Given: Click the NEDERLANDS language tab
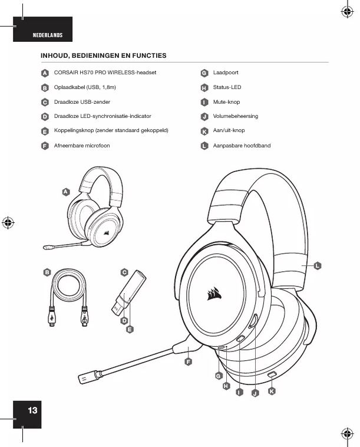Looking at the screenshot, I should point(47,35).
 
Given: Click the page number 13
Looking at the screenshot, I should point(32,410).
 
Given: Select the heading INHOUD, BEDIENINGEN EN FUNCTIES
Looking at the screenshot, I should point(103,55).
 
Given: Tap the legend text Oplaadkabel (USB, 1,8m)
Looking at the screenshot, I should point(85,87).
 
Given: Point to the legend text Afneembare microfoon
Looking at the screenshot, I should point(82,145).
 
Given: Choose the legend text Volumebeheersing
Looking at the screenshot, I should point(236,116).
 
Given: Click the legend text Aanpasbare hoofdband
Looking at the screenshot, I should point(242,145).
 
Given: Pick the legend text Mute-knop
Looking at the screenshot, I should point(226,102).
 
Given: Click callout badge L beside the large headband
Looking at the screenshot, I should point(317,266).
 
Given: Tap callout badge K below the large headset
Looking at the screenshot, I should point(271,391).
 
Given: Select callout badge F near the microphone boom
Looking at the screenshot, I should point(189,361).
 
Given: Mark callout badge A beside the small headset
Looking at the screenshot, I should point(66,192).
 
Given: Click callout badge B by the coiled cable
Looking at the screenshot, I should point(47,272).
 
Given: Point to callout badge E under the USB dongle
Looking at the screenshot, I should point(130,329).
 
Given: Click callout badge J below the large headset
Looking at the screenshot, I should point(255,393).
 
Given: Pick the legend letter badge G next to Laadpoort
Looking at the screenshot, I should point(204,73).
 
